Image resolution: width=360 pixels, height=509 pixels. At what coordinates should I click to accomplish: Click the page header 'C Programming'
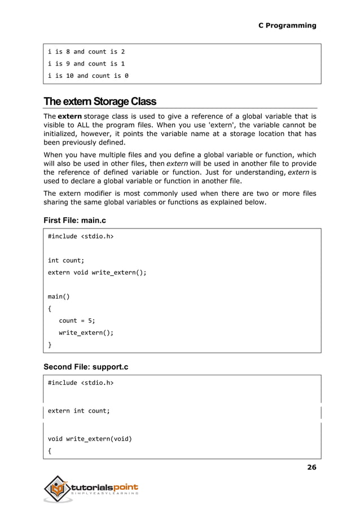(287, 25)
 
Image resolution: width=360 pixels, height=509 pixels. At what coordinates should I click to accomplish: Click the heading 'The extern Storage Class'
(99, 102)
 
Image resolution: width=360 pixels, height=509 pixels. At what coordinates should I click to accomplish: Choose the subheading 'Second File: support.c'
(86, 367)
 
